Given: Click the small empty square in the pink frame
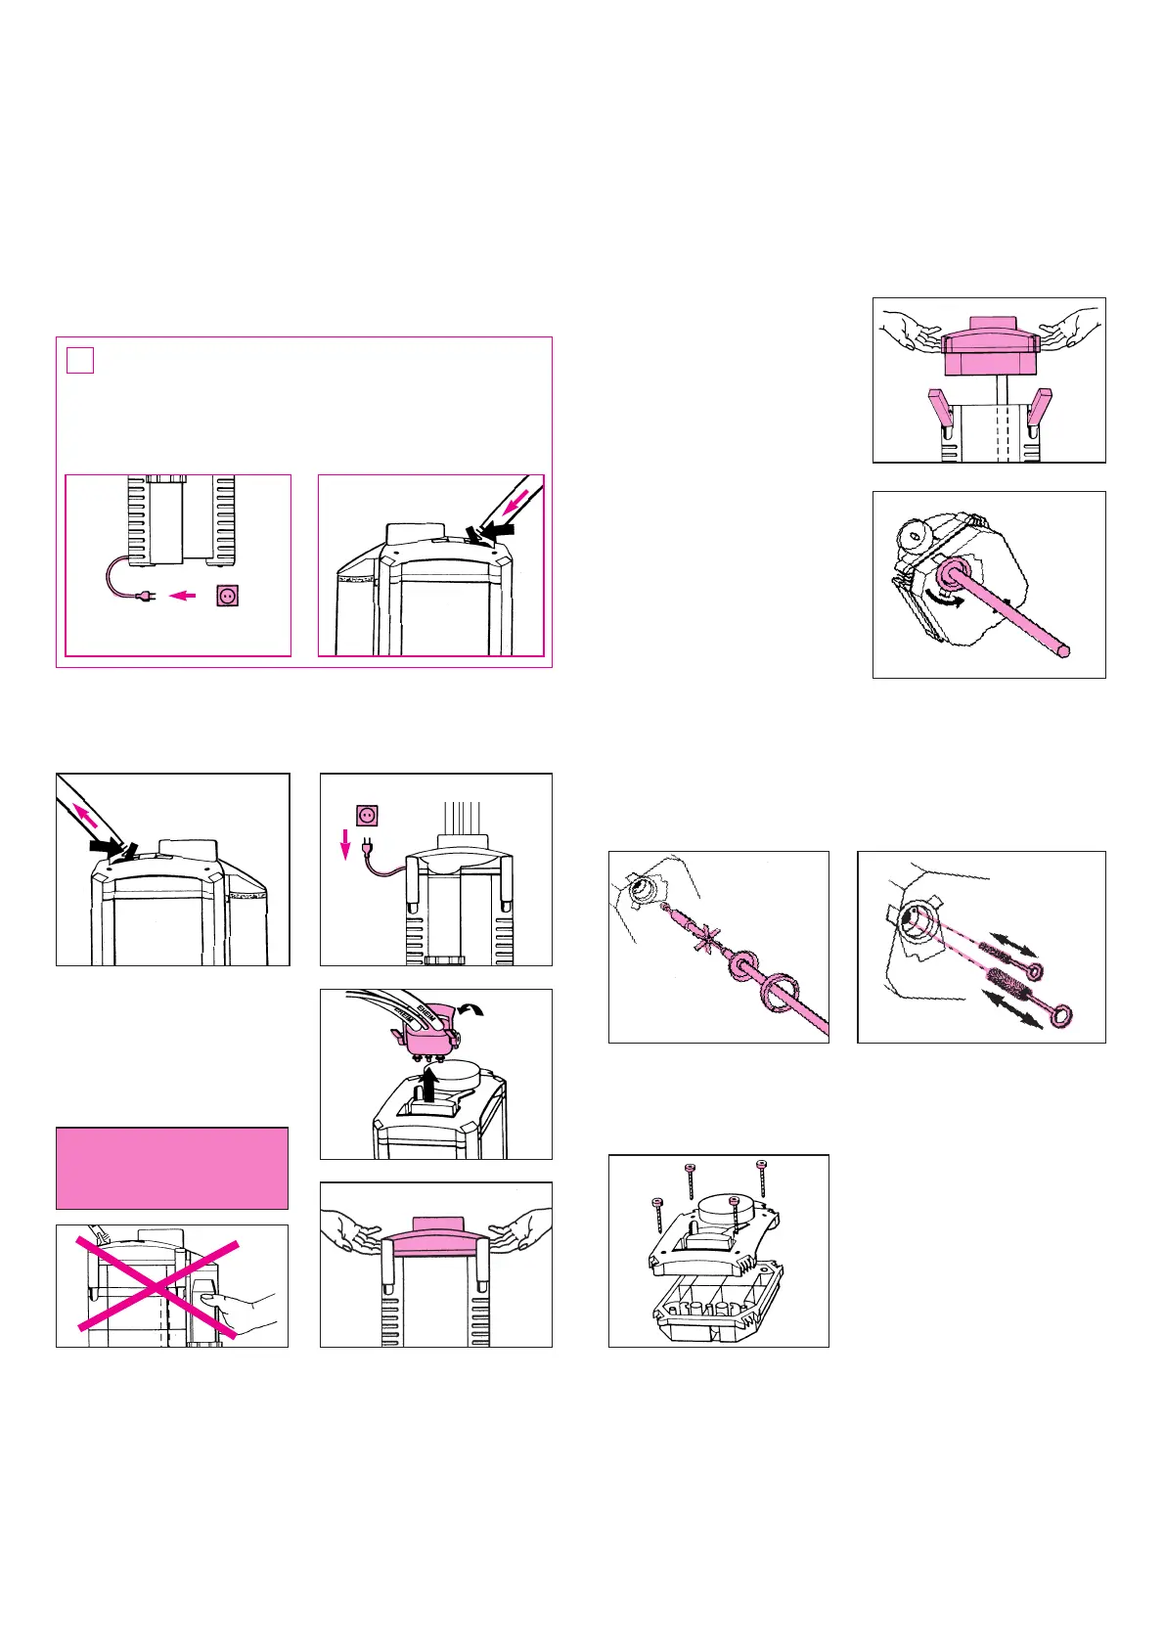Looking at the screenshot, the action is pos(80,360).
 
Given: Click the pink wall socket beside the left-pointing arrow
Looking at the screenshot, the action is pos(228,595).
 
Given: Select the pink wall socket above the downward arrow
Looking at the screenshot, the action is pos(368,815).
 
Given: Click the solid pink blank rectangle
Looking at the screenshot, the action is pos(172,1168).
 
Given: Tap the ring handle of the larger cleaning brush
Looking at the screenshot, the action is pos(1058,1017).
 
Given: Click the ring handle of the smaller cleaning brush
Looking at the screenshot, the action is pos(1031,970).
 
